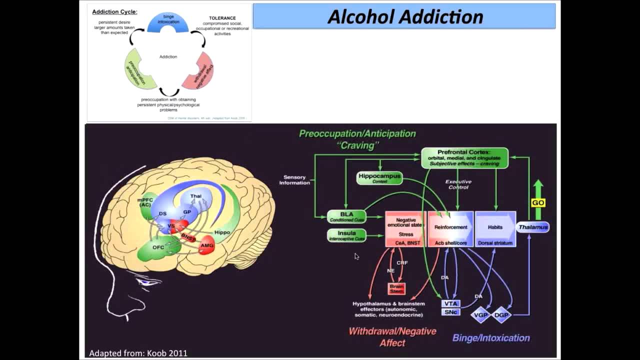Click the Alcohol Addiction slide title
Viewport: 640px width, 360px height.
404,17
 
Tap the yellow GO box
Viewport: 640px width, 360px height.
538,202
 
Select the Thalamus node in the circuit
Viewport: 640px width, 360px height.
533,227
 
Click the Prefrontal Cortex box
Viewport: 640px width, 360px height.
464,158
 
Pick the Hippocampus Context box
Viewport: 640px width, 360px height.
379,178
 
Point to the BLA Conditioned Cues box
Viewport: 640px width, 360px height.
346,216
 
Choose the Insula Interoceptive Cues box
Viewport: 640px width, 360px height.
346,235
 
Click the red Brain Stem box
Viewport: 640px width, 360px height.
396,288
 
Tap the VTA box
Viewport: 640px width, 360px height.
450,303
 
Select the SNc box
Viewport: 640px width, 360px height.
450,312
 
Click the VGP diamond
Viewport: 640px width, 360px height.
480,315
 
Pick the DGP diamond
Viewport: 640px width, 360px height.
501,315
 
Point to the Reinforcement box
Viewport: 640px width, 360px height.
450,229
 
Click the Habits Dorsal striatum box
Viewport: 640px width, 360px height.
495,229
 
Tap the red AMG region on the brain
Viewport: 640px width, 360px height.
206,245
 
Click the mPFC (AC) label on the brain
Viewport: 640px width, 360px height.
145,202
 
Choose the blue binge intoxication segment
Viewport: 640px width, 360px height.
168,22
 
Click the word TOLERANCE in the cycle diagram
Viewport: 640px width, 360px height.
222,18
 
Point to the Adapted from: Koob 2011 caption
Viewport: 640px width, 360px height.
138,353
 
